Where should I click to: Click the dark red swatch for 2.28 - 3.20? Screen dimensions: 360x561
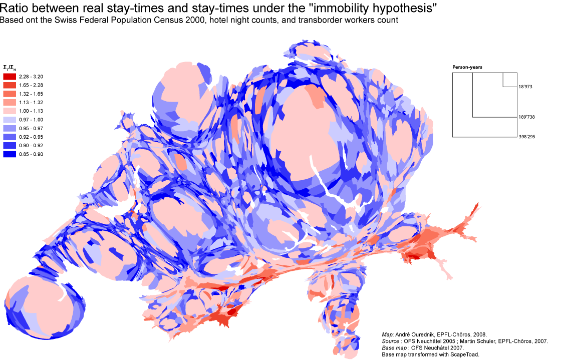pos(10,77)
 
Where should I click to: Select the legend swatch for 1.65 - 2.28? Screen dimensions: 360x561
pos(10,85)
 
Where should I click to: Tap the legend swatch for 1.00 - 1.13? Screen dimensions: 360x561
pos(10,111)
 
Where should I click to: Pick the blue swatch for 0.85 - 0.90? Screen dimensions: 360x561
pos(10,154)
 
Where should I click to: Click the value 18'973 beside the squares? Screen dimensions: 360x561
pos(525,87)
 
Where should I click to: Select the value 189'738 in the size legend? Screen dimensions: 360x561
pos(527,117)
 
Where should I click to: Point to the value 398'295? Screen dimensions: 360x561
pos(527,137)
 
